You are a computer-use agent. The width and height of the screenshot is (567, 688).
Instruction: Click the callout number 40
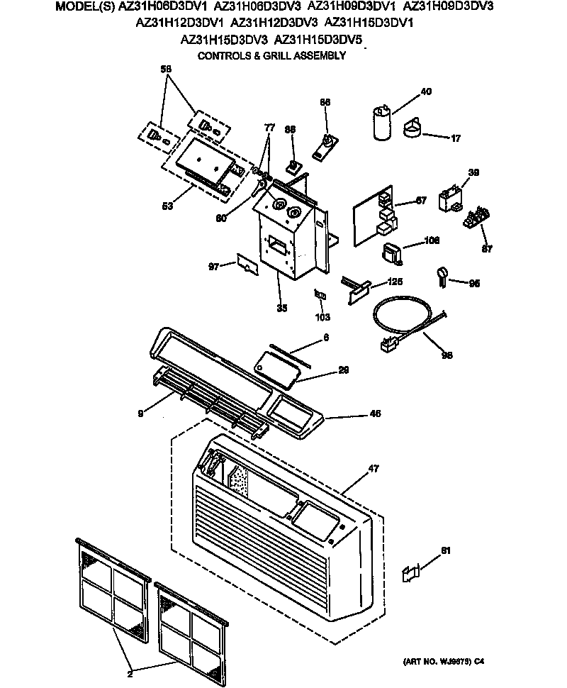coord(426,91)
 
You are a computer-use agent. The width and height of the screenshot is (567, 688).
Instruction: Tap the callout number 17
coord(456,138)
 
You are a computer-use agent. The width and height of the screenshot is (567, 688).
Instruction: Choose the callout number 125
coord(395,282)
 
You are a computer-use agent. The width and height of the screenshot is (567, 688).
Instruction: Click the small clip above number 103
coord(320,294)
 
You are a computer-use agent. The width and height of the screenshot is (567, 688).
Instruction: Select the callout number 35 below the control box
coord(282,309)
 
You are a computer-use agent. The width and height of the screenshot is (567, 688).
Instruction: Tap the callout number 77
coord(269,128)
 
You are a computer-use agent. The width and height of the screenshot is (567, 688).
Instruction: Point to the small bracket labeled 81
coord(410,573)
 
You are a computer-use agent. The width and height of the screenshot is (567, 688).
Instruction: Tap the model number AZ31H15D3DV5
coord(318,40)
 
